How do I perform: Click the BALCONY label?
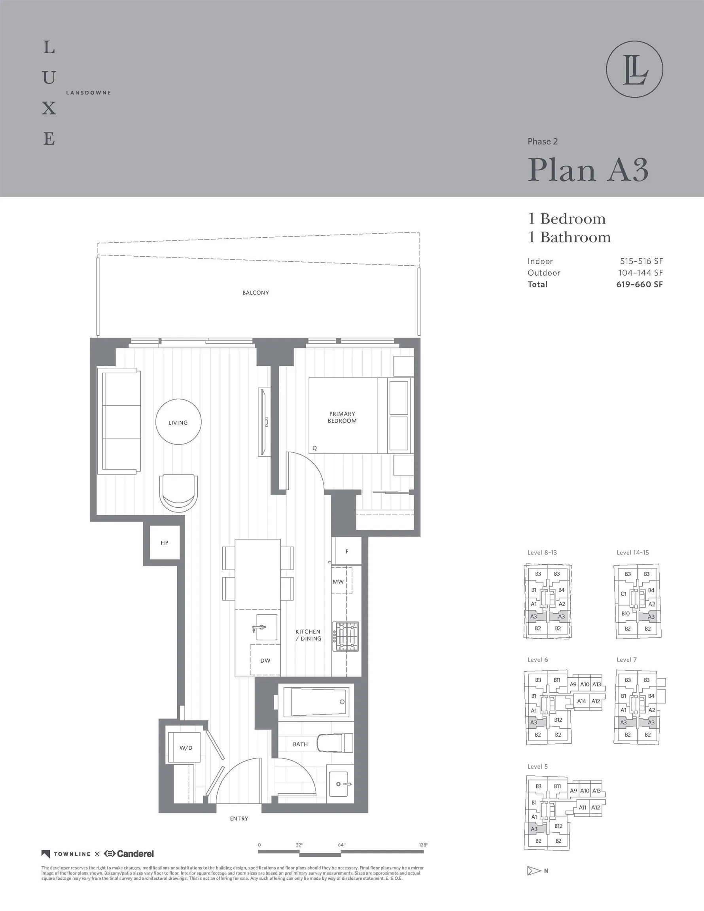click(x=255, y=293)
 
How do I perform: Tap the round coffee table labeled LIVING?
click(x=178, y=422)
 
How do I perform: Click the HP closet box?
click(x=165, y=542)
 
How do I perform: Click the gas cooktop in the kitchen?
click(x=346, y=637)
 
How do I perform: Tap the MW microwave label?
click(x=338, y=582)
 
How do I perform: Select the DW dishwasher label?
click(x=265, y=661)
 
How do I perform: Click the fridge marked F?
click(x=346, y=552)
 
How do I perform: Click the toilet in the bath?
click(x=335, y=743)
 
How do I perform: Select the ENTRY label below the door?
click(x=239, y=819)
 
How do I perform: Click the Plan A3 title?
click(x=588, y=170)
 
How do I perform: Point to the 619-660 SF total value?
click(x=639, y=284)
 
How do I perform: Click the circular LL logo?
click(x=634, y=69)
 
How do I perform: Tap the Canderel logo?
click(x=129, y=854)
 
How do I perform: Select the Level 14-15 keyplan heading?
click(x=633, y=553)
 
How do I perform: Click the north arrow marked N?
click(x=537, y=871)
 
